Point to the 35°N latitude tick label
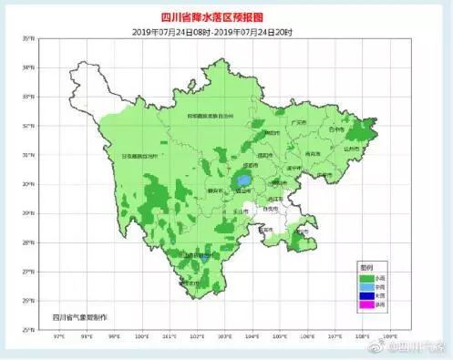click(x=30, y=38)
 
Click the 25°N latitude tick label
click(x=30, y=329)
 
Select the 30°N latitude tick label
click(x=30, y=183)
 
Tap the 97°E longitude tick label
click(x=59, y=337)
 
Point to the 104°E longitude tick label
click(x=252, y=337)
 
